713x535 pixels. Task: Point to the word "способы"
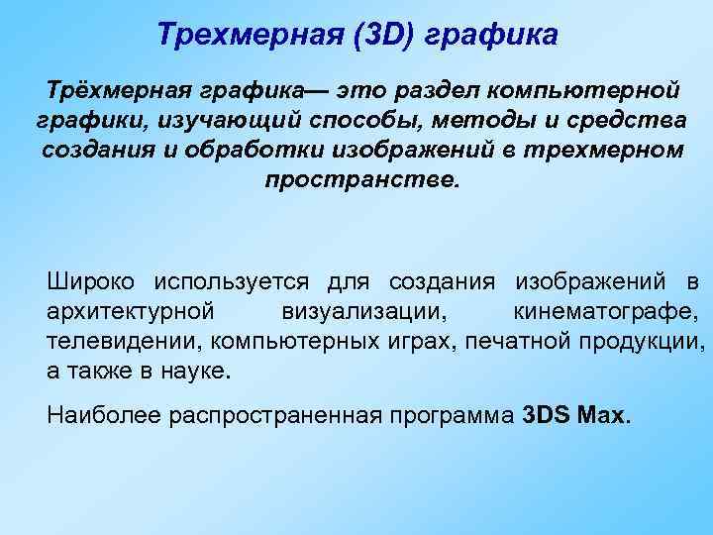[375, 122]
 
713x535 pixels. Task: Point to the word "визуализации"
[362, 312]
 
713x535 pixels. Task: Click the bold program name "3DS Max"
[573, 414]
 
